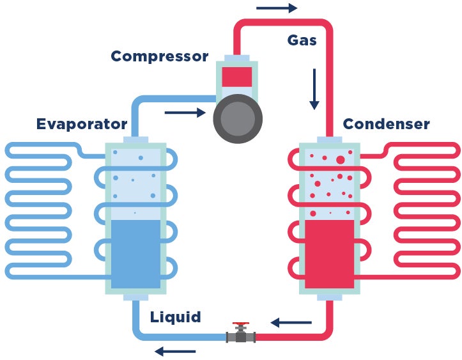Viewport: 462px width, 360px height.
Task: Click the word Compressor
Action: tap(159, 56)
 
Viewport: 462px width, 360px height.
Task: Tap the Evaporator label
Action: tap(82, 123)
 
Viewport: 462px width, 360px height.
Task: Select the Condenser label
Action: tap(386, 123)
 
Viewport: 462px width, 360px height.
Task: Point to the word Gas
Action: tap(302, 40)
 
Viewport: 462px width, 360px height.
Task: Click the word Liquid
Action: tap(176, 317)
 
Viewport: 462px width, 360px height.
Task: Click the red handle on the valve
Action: tap(241, 325)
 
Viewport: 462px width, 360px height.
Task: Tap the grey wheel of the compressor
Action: tap(238, 118)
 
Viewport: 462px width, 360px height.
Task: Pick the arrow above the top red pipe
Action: tap(277, 8)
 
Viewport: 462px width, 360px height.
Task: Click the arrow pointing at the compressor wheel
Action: tap(185, 114)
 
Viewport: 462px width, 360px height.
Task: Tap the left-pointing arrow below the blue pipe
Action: tap(174, 351)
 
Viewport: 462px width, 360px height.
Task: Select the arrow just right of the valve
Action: tap(291, 322)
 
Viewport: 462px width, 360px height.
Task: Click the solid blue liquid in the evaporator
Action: tap(135, 254)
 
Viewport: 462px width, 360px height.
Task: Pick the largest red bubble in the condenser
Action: tap(340, 160)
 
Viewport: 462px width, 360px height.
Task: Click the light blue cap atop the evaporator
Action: tap(135, 139)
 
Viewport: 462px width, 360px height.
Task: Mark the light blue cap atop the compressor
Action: tap(237, 58)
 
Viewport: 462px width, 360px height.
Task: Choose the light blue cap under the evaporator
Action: tap(135, 296)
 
